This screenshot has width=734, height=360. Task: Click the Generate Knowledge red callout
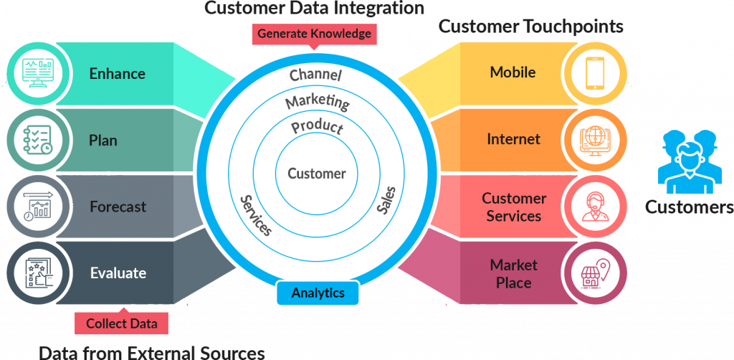point(314,34)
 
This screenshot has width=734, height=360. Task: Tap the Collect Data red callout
point(121,322)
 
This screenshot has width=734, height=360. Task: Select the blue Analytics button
point(318,293)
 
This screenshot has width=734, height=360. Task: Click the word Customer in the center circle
point(316,174)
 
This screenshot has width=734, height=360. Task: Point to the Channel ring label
point(315,75)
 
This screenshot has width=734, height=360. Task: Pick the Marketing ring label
point(318,101)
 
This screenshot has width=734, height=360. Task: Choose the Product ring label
point(317,127)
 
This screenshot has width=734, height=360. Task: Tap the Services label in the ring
point(256,216)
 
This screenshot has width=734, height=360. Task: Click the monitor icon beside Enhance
point(39,73)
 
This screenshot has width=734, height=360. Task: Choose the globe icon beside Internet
point(596,140)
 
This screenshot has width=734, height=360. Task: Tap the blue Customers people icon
point(687,162)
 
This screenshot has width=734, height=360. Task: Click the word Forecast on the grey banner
point(118,207)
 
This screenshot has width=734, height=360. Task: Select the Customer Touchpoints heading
point(531,27)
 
